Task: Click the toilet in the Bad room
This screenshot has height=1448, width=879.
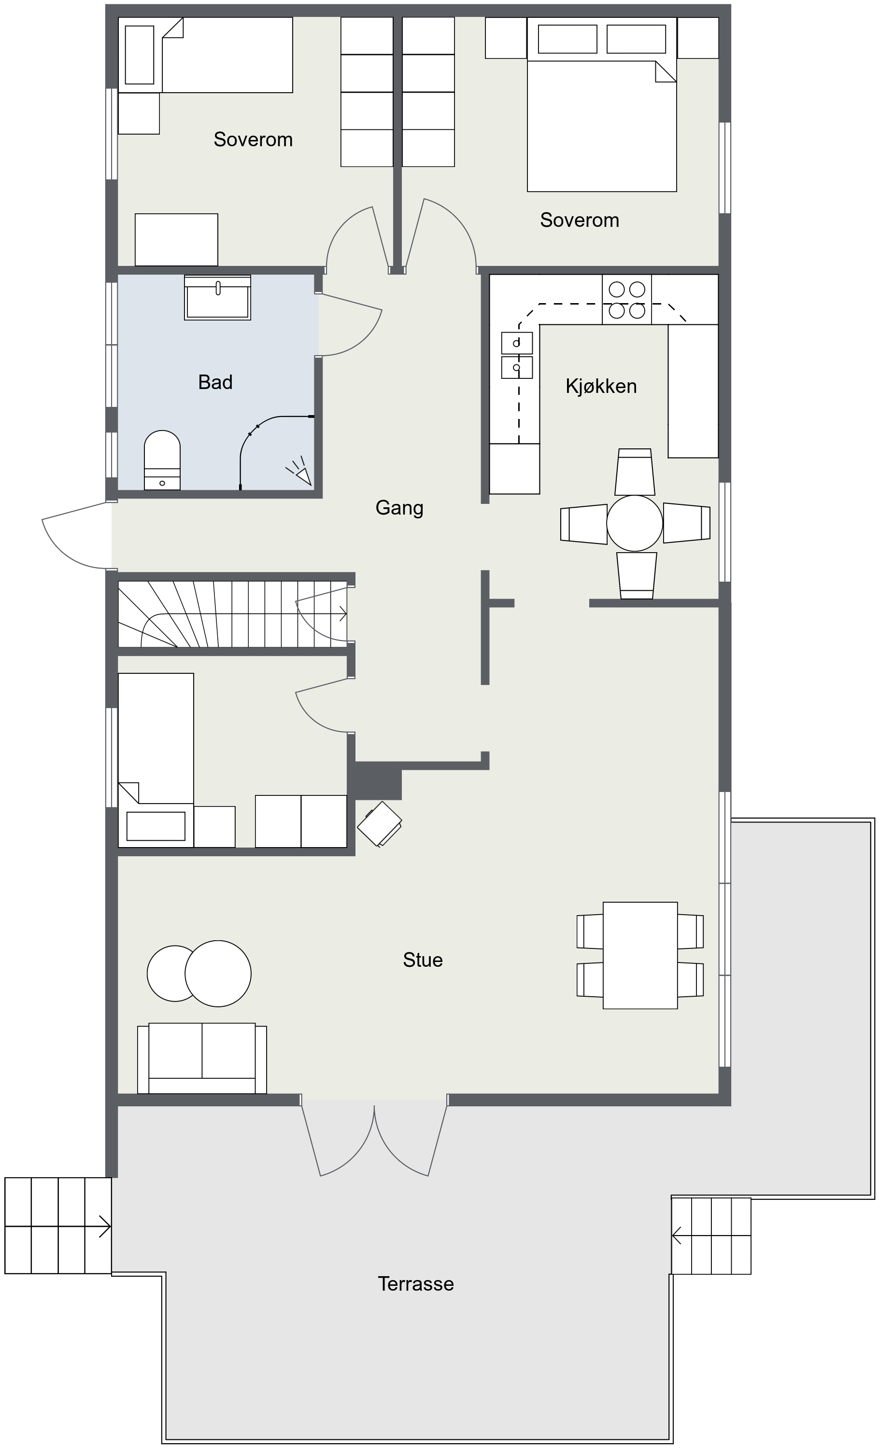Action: click(x=162, y=460)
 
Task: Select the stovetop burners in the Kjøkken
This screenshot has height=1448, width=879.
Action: click(x=627, y=299)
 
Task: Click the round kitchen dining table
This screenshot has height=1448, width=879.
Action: click(x=635, y=523)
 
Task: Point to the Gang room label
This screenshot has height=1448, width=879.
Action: click(x=399, y=508)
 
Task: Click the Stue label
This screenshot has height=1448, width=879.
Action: click(x=423, y=960)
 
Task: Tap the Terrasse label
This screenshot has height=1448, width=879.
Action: click(x=416, y=1283)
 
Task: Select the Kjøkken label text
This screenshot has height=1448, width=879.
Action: click(x=601, y=386)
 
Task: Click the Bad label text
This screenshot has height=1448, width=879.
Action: click(x=215, y=382)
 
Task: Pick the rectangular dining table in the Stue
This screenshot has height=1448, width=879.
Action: click(x=640, y=956)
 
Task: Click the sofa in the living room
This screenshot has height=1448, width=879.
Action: click(x=202, y=1058)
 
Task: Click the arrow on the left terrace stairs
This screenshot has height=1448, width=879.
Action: click(x=57, y=1226)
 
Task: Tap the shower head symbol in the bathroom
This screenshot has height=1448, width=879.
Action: click(x=300, y=471)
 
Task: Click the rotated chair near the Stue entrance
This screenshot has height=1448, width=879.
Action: click(x=380, y=824)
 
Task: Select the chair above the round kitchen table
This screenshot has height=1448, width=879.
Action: click(x=635, y=472)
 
